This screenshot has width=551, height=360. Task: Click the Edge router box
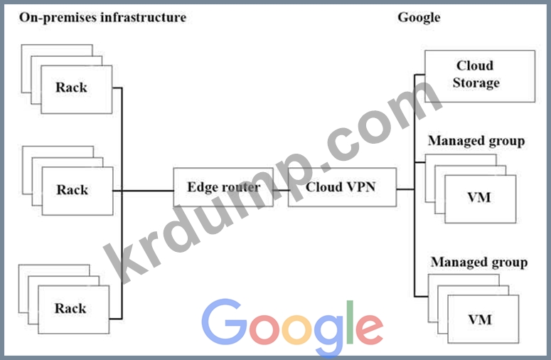coord(222,188)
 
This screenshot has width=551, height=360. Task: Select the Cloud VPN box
coord(340,188)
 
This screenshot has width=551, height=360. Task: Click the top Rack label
coord(71,88)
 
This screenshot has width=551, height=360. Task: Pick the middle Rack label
coord(72,190)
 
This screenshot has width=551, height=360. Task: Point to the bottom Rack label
coord(70,308)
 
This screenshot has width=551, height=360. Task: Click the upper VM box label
coord(479,197)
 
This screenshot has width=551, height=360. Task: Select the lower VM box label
coord(479,319)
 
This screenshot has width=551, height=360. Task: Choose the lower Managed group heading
coord(478,263)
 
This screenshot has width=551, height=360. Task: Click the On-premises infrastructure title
coord(102,17)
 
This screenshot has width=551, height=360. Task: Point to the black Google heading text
coord(418,17)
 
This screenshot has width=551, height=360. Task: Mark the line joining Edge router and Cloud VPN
coord(280,190)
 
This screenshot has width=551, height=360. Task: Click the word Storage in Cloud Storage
coord(476,83)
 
